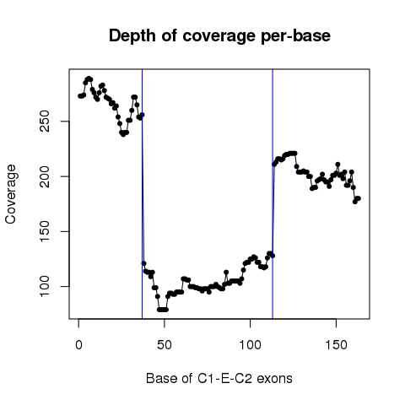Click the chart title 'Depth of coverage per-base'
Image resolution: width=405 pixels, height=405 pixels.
coord(219,36)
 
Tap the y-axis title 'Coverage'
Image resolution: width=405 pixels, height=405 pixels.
coord(11,194)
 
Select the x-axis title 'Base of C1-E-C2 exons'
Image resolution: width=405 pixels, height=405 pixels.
coord(219,378)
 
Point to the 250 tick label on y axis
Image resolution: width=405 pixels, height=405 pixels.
coord(45,121)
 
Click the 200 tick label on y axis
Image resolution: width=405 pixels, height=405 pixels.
coord(45,176)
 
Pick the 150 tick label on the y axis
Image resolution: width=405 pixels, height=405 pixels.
coord(45,231)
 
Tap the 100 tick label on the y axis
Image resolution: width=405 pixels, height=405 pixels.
coord(45,286)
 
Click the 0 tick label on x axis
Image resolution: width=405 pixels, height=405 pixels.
coord(78,344)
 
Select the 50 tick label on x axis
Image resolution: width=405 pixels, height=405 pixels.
coord(165,344)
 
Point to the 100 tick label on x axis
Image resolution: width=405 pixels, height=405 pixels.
coord(250,344)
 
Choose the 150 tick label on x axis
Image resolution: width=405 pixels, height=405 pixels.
coord(336,344)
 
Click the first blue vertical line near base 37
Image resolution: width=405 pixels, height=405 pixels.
coord(143,194)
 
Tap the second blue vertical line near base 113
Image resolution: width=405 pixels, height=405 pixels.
coord(273,194)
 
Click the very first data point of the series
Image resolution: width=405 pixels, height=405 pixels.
coord(80,96)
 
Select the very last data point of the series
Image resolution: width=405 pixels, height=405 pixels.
coord(359,198)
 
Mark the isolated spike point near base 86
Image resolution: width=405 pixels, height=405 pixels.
coord(226,272)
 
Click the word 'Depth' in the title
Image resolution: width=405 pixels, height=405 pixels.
coord(132,36)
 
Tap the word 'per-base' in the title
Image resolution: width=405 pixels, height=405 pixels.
coord(295,36)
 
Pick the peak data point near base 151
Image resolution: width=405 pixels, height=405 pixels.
coord(337,165)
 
